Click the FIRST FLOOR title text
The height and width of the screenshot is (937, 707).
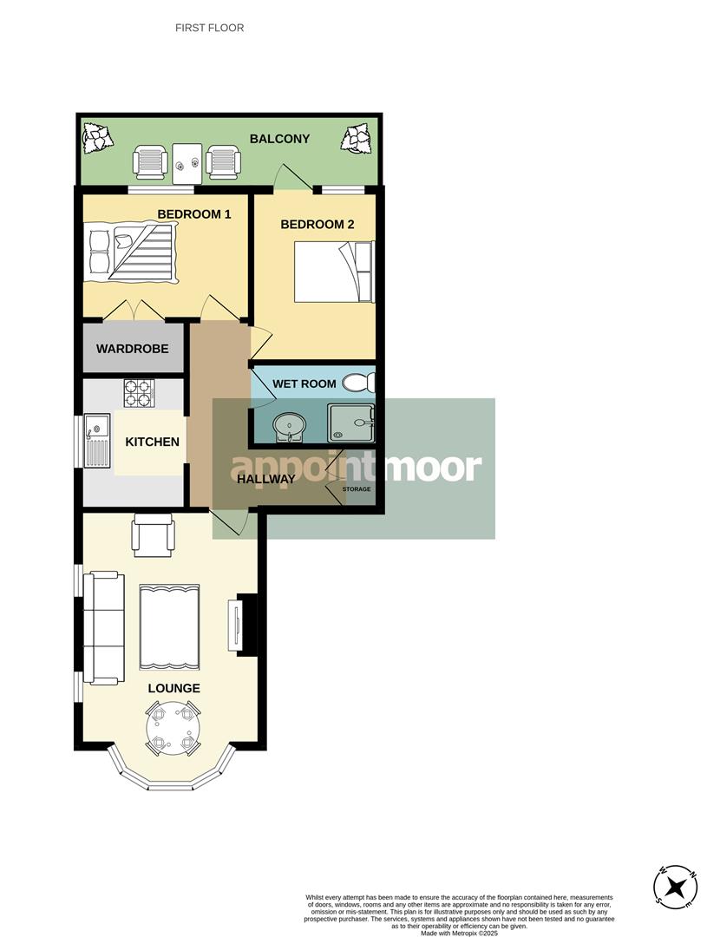pos(209,28)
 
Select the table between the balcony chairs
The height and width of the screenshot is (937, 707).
pos(187,163)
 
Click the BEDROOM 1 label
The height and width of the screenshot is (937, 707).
pos(193,213)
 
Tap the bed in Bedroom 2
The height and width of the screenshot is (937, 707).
pos(334,272)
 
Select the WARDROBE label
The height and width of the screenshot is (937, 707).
pos(132,349)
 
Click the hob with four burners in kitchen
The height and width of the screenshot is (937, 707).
pos(138,393)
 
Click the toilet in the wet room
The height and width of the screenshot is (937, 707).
pos(358,383)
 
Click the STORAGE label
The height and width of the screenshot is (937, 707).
pos(356,489)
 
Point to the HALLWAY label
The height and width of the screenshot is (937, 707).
pos(266,479)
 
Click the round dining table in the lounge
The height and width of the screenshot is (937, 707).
pos(173,728)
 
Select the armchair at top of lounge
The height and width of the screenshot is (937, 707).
pos(152,534)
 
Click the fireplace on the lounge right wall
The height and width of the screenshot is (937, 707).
pos(245,624)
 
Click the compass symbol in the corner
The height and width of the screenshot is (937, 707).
pos(676,888)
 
